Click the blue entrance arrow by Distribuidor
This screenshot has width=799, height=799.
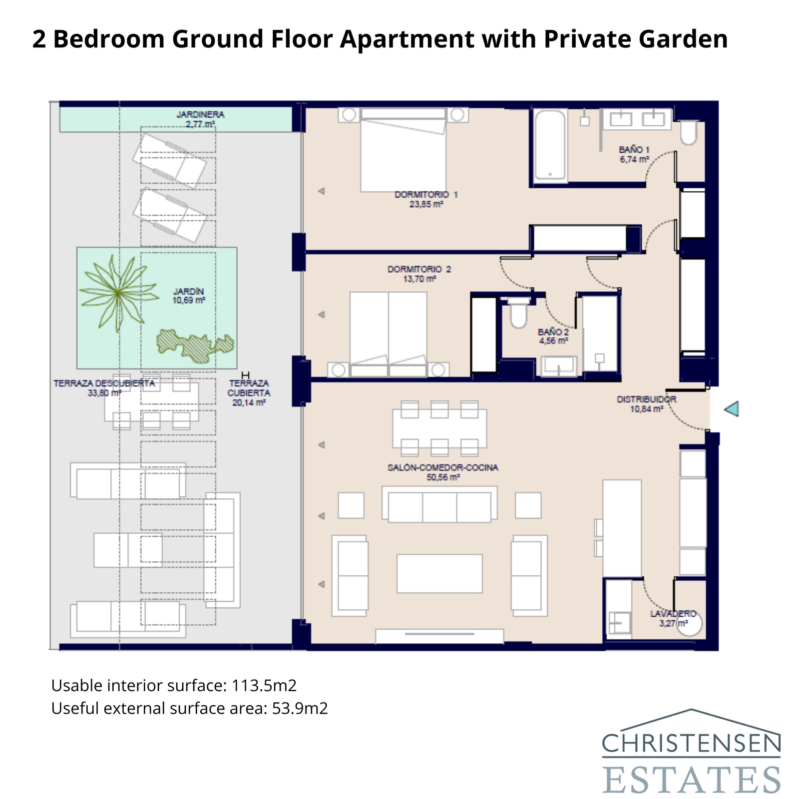[x=732, y=409]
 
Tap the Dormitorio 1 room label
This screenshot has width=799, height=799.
[x=426, y=194]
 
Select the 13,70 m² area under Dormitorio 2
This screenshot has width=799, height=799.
[x=419, y=279]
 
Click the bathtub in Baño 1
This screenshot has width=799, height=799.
[x=550, y=146]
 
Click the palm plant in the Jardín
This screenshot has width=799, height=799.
[x=117, y=294]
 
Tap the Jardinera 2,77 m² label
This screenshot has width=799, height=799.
[x=200, y=119]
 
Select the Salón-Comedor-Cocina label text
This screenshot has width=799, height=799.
[x=442, y=467]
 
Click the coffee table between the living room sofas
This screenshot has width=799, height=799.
[x=439, y=573]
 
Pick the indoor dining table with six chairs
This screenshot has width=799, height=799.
[x=439, y=428]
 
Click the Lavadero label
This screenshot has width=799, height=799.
[x=673, y=613]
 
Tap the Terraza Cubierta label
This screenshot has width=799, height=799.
[x=249, y=388]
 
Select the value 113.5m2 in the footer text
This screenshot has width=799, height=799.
[x=264, y=685]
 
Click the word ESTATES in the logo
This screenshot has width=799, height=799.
[x=691, y=780]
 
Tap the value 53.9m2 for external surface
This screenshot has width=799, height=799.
[x=300, y=708]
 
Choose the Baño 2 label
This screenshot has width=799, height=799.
[x=553, y=332]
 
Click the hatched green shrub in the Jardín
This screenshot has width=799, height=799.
[x=195, y=345]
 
